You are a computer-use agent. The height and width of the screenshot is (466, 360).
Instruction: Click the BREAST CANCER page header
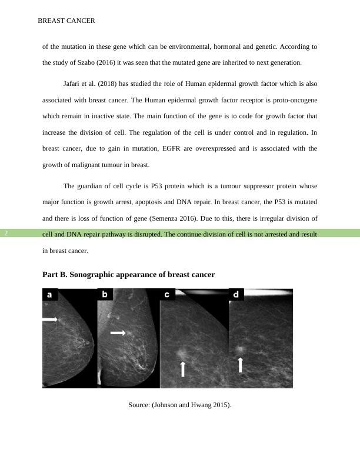click(x=66, y=21)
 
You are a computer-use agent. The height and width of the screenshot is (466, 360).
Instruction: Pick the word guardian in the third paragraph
click(x=92, y=186)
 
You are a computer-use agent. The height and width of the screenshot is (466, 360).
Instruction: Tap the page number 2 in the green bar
click(x=6, y=234)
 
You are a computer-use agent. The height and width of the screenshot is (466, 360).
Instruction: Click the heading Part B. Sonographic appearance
click(x=128, y=275)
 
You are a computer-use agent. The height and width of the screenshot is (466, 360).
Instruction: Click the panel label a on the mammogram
click(x=49, y=295)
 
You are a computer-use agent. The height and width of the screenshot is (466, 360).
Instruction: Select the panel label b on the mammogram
click(x=105, y=294)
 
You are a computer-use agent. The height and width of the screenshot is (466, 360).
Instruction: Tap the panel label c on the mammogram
click(x=167, y=294)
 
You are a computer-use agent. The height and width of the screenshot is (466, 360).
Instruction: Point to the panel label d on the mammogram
click(x=236, y=294)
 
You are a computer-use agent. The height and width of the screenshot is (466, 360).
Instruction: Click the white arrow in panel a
click(x=49, y=319)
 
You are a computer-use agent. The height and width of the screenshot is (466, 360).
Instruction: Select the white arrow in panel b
click(x=118, y=333)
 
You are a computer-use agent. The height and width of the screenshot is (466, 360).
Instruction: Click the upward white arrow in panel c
click(x=183, y=369)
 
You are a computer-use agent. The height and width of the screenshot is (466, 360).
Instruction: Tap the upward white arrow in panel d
click(x=240, y=365)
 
